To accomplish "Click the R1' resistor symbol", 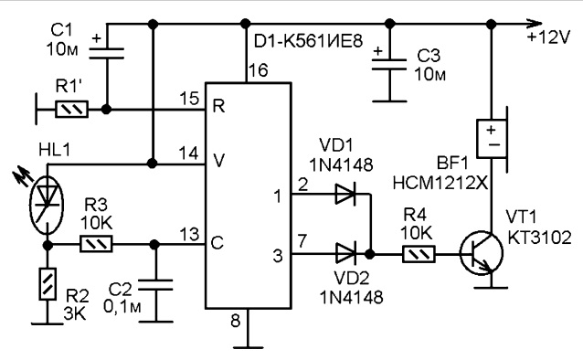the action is pyautogui.click(x=72, y=110).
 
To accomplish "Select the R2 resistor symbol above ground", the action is pyautogui.click(x=48, y=284).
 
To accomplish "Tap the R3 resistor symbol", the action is pyautogui.click(x=96, y=244).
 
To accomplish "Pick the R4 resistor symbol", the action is pyautogui.click(x=419, y=254).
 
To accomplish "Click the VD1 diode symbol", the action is pyautogui.click(x=345, y=194).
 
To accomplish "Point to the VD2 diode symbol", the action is pyautogui.click(x=345, y=254).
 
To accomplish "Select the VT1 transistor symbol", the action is pyautogui.click(x=482, y=254).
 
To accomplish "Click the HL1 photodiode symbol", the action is pyautogui.click(x=47, y=206).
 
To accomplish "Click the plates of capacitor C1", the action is pyautogui.click(x=106, y=53).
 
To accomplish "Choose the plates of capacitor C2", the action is pyautogui.click(x=155, y=285).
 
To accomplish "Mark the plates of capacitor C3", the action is pyautogui.click(x=389, y=64).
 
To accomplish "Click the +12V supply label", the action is pyautogui.click(x=548, y=37).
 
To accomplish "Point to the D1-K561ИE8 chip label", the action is pyautogui.click(x=308, y=42).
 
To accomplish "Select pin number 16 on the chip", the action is pyautogui.click(x=259, y=70).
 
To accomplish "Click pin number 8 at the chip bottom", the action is pyautogui.click(x=236, y=320).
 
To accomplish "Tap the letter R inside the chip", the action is pyautogui.click(x=218, y=107).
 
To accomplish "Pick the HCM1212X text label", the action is pyautogui.click(x=440, y=183).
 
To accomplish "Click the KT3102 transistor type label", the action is pyautogui.click(x=539, y=238).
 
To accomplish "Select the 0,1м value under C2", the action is pyautogui.click(x=122, y=306).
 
